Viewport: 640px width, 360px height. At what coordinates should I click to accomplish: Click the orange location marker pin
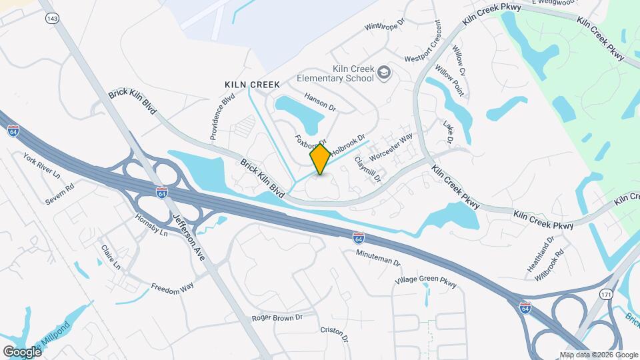(x=320, y=159)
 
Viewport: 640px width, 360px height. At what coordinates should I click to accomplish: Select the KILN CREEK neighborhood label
(x=251, y=85)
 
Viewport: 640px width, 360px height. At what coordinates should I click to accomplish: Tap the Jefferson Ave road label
(x=189, y=238)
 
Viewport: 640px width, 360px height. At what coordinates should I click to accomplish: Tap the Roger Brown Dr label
(x=277, y=318)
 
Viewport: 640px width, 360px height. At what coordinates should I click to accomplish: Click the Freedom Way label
(x=172, y=288)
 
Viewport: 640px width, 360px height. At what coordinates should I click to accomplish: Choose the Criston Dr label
(x=335, y=334)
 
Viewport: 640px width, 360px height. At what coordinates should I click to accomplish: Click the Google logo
(x=22, y=351)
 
